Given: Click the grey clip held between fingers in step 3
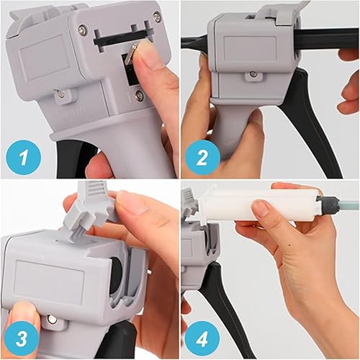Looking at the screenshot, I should (x=94, y=209).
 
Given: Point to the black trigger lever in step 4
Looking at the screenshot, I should (x=220, y=302).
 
